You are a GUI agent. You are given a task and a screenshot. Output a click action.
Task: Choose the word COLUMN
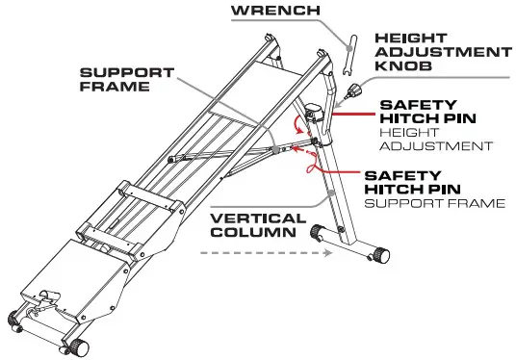[x=248, y=233]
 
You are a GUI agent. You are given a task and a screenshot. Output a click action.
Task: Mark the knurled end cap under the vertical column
[x=382, y=255]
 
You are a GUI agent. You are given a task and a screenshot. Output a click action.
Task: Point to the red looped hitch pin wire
[x=310, y=166]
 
